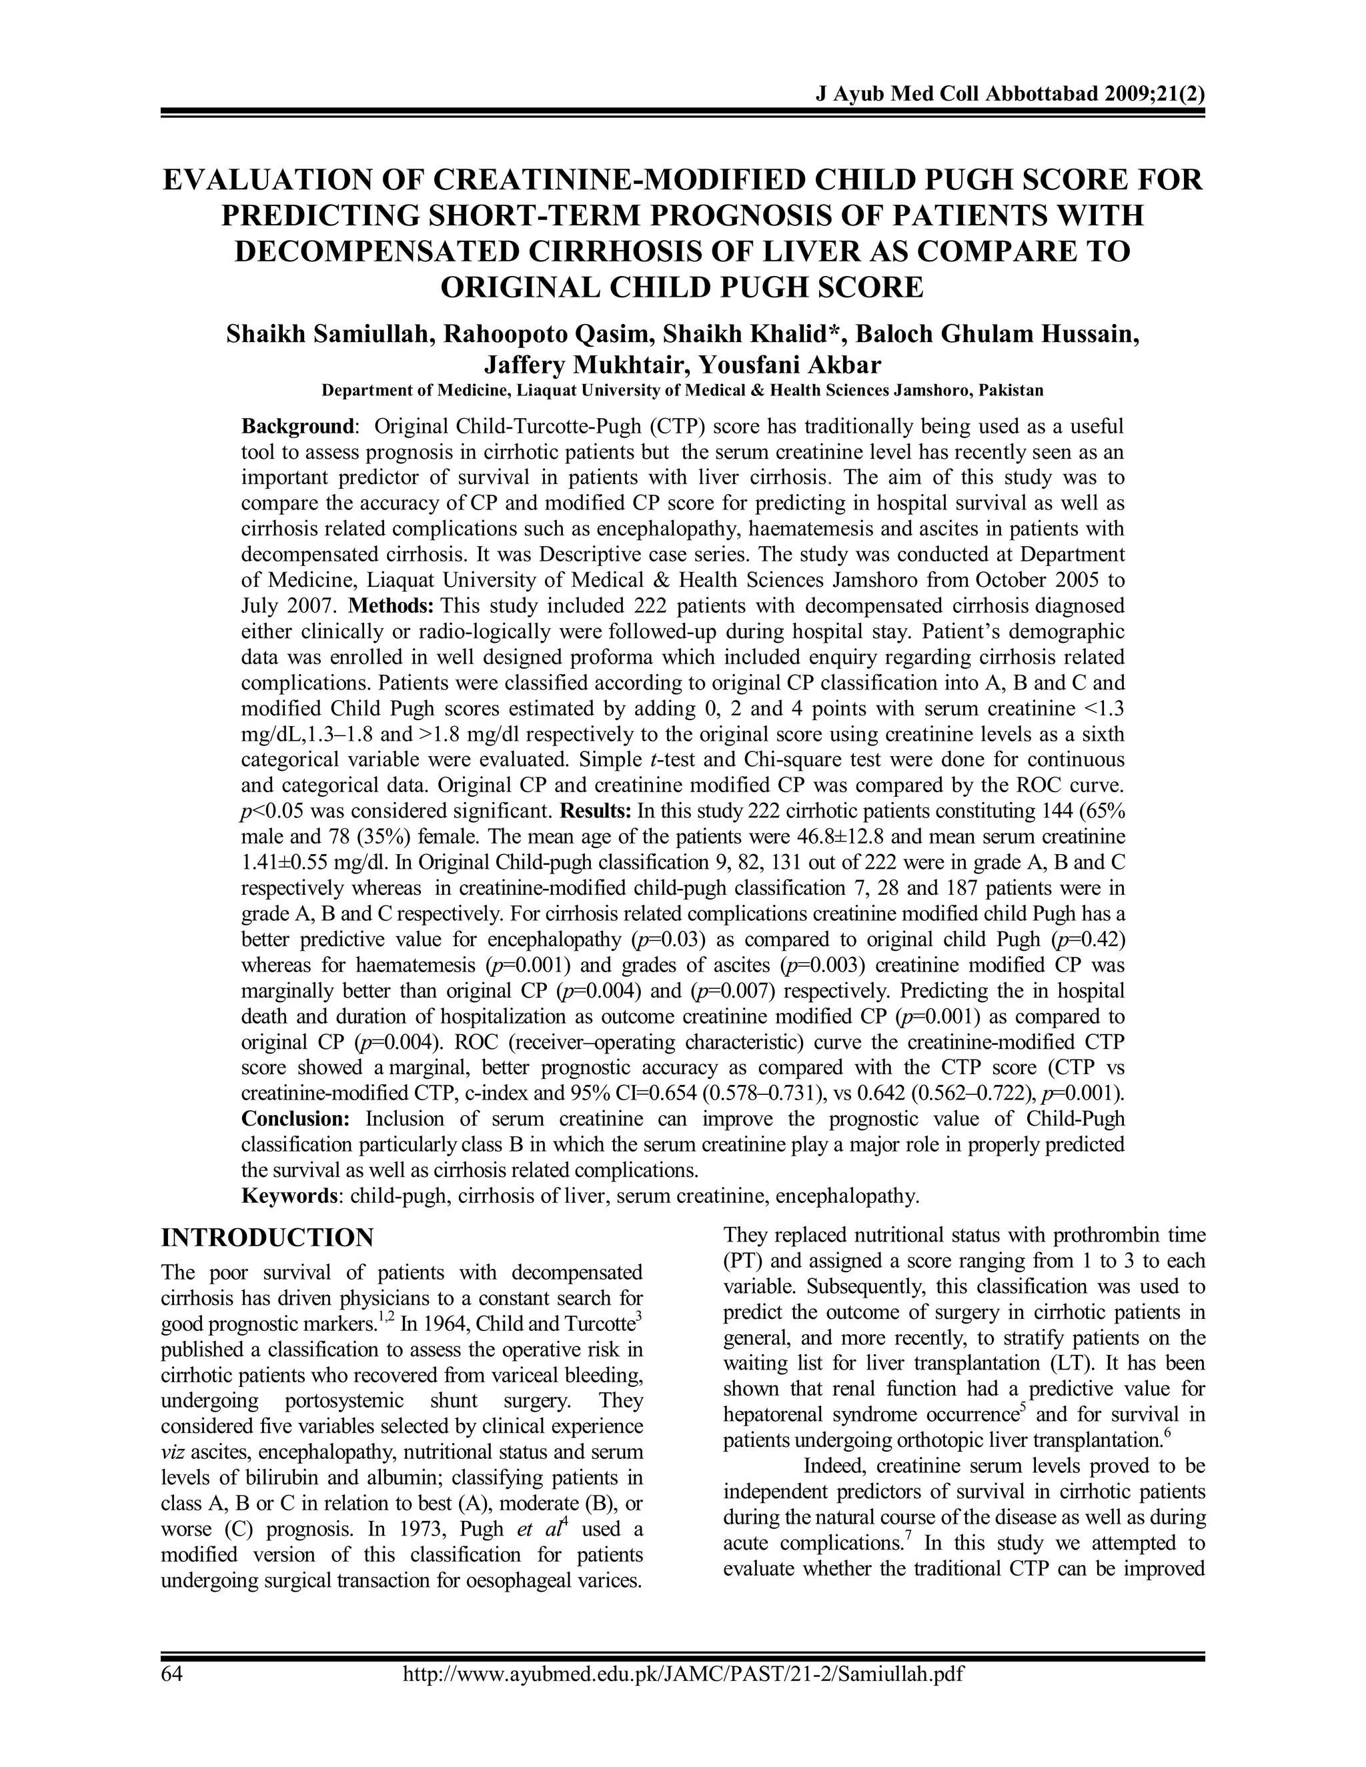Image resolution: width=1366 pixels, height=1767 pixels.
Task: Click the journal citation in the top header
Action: point(1010,94)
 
